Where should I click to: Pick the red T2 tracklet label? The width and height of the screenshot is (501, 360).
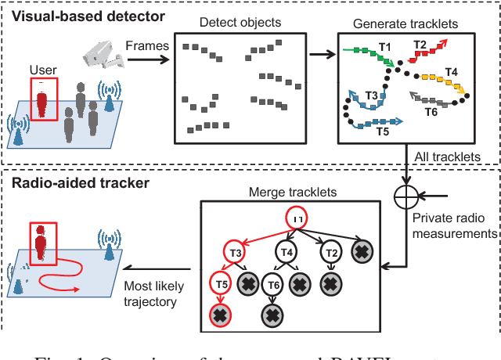click(x=420, y=45)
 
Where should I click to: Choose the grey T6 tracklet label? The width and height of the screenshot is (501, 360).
click(x=431, y=112)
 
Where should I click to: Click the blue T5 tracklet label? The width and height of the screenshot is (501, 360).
click(x=383, y=131)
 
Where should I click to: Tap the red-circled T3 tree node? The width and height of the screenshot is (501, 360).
click(x=235, y=252)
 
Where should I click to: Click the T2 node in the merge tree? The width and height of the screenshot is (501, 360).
click(x=330, y=252)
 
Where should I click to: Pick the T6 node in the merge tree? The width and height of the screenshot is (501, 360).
click(x=272, y=285)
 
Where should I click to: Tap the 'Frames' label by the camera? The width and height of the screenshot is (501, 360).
click(x=148, y=45)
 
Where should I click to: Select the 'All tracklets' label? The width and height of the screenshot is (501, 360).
click(x=449, y=157)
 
